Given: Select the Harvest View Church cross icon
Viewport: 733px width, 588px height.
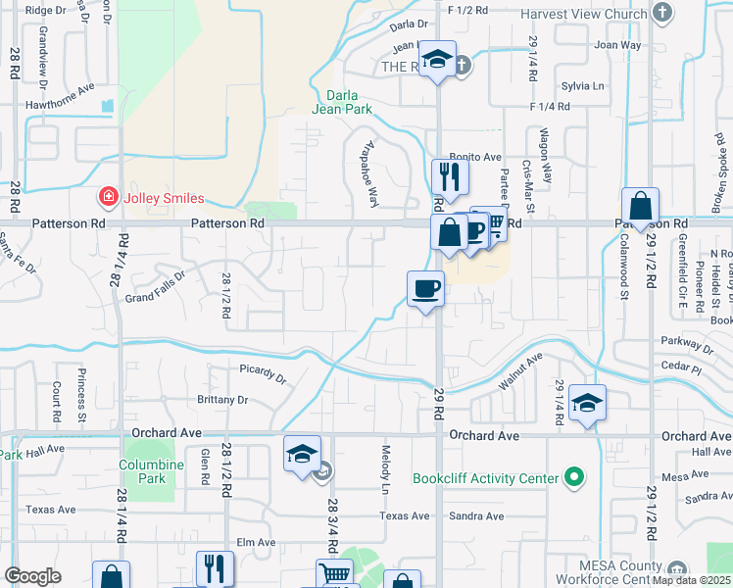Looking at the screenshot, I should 662,14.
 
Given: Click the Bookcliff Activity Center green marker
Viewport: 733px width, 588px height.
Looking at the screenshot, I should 576,479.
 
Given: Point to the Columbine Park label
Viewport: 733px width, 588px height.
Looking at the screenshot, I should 143,471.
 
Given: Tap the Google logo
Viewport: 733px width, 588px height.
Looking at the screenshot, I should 33,576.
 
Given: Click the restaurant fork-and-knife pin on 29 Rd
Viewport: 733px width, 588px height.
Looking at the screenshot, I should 450,177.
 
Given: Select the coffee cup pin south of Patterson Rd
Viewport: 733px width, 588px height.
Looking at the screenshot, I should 425,288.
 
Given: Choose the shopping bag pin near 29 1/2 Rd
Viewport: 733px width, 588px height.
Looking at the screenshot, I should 640,207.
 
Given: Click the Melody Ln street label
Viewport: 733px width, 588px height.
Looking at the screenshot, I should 384,466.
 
